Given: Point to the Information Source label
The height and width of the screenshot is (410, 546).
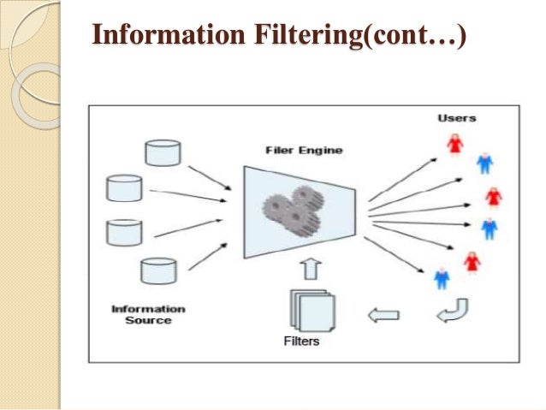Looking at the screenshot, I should coord(148,314).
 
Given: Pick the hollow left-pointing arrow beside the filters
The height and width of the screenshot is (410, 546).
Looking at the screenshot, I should coord(383,315).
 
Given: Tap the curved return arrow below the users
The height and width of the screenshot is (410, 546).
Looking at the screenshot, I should coord(451,311).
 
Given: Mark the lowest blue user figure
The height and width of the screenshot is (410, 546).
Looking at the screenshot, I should coord(442,276).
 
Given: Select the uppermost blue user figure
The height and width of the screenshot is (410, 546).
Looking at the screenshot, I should coord(484,162).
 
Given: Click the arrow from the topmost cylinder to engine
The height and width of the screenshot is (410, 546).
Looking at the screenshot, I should coord(209,174).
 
